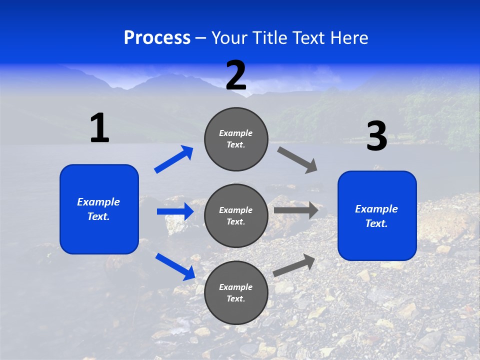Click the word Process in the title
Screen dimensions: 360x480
[x=157, y=38]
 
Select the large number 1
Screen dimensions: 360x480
[x=99, y=128]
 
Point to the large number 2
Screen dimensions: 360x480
[x=236, y=75]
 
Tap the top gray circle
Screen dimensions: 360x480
[x=236, y=139]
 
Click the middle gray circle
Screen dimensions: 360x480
[x=236, y=215]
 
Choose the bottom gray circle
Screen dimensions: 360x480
[x=236, y=292]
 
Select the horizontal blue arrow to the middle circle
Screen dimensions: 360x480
[x=175, y=211]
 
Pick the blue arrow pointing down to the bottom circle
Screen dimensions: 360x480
[x=175, y=266]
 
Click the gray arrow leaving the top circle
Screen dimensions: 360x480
[x=297, y=159]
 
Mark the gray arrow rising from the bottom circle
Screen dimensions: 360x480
[x=294, y=265]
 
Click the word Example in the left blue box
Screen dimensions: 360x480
[x=98, y=202]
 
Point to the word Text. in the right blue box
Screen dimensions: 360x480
[x=376, y=223]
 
